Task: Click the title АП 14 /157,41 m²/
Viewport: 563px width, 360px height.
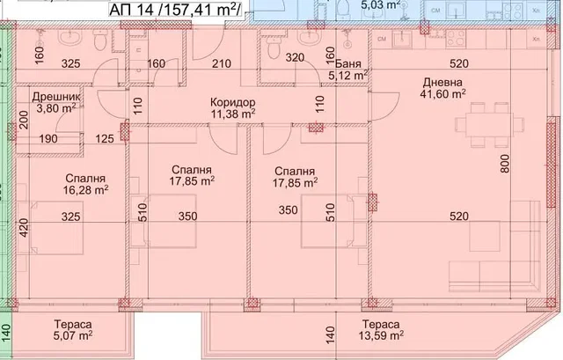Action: [x=175, y=10]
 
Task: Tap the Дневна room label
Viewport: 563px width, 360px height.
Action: [x=442, y=82]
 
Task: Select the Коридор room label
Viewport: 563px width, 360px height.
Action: [x=232, y=102]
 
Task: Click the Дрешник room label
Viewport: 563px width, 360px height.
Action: [x=56, y=97]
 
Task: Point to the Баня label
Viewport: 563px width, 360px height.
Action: [x=348, y=64]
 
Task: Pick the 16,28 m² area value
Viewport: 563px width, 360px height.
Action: [x=86, y=190]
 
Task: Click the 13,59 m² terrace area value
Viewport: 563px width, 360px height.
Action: [x=381, y=335]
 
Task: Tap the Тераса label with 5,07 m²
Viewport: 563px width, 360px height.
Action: [x=74, y=325]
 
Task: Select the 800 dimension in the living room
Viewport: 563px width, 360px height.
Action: [x=504, y=164]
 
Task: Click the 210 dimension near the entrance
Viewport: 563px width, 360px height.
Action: [x=221, y=64]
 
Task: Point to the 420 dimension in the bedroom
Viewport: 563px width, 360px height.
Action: [x=24, y=227]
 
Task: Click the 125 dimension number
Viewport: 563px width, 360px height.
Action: [x=105, y=139]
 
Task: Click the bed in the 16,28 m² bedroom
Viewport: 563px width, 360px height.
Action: [x=57, y=228]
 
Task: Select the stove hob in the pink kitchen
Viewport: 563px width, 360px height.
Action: [x=456, y=39]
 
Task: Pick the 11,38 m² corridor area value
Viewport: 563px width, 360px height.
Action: [x=232, y=114]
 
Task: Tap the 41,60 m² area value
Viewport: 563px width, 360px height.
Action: [x=442, y=94]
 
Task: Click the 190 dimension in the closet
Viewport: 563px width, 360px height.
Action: [x=48, y=139]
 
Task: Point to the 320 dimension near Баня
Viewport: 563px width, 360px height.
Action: [x=295, y=57]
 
